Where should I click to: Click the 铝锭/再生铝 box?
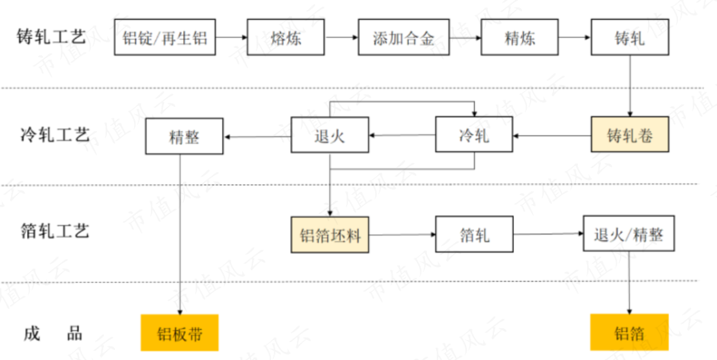(165, 37)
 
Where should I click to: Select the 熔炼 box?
(286, 37)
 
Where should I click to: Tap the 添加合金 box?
(404, 37)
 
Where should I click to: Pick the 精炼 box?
(520, 37)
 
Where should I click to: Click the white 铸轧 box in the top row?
(629, 37)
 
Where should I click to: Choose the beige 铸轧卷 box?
(629, 135)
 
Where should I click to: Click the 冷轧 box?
(474, 135)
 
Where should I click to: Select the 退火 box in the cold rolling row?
(330, 136)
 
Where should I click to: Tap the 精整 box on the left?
(185, 137)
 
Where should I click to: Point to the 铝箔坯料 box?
(330, 234)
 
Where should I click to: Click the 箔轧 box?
(474, 234)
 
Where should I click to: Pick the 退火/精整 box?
(629, 233)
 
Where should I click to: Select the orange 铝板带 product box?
(179, 332)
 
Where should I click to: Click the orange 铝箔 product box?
(629, 332)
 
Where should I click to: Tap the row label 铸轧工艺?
(51, 37)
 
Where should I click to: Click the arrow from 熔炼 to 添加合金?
(341, 37)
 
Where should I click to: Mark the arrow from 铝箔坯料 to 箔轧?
(402, 234)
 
